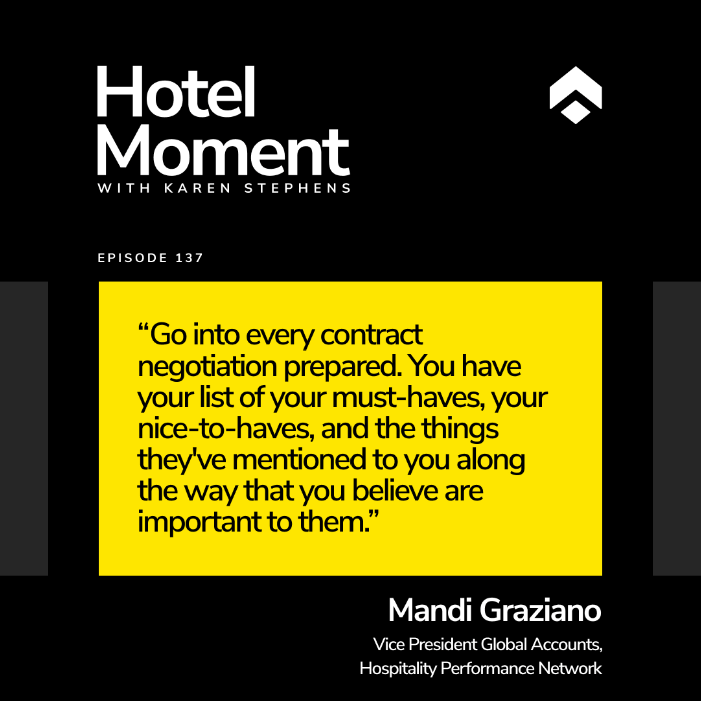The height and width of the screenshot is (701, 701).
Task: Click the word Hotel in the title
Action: click(176, 91)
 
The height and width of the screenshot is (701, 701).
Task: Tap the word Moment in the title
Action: click(224, 151)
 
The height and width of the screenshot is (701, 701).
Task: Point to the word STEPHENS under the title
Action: click(297, 188)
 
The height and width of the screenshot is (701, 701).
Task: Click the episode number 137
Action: click(189, 258)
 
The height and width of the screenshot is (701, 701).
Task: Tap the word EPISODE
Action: click(132, 258)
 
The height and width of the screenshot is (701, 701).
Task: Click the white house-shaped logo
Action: click(575, 95)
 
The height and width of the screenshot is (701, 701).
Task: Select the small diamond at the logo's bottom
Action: click(575, 112)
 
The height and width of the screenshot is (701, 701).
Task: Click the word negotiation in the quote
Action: click(207, 367)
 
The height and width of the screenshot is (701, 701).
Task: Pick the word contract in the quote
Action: click(372, 334)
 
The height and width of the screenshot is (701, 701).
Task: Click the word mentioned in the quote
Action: click(299, 460)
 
